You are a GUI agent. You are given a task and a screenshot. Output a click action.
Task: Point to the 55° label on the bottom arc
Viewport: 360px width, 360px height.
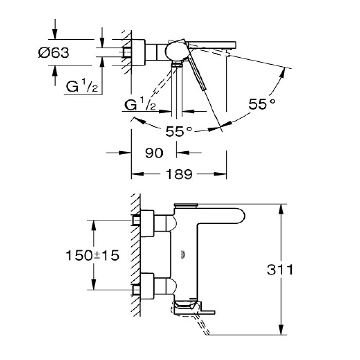[x=179, y=132]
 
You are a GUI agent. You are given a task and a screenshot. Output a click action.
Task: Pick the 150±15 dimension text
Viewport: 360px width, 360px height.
[x=93, y=255]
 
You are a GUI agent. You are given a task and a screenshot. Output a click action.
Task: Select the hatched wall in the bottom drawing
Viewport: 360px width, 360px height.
[x=135, y=257]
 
